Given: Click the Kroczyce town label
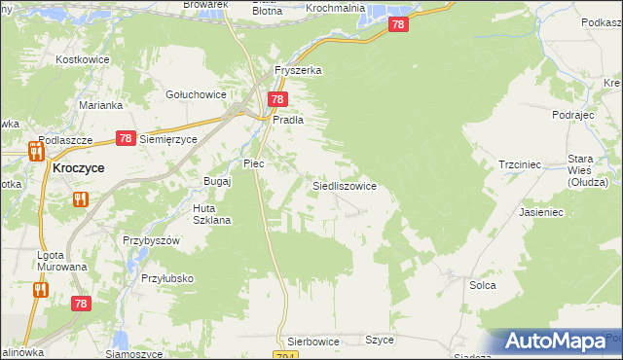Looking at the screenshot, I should pos(79,167).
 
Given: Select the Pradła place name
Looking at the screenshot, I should pos(290,120).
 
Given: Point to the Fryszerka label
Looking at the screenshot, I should pos(298,71).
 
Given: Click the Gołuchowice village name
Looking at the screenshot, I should pos(197,94).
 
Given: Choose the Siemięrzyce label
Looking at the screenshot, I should pos(168,139).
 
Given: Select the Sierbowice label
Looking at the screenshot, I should pos(313,342).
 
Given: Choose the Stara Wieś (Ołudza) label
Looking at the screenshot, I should pos(587,170).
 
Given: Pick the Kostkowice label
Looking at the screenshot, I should pos(83,60).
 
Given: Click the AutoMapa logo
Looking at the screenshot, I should pos(556,342).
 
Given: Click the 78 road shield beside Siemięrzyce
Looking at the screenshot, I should pos(125,139).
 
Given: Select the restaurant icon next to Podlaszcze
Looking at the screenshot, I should pos(36,150).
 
